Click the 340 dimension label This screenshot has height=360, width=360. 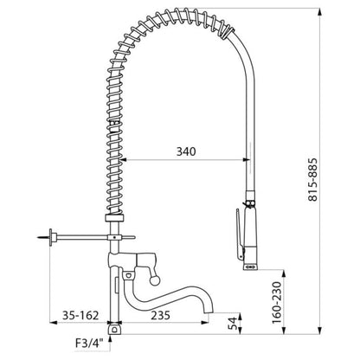(x=186, y=151)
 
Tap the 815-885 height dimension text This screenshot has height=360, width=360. (x=312, y=179)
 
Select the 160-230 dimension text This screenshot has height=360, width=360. (x=277, y=303)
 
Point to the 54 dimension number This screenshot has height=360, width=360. (x=232, y=323)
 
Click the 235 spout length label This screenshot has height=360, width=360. (x=160, y=315)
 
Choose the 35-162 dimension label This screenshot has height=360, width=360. (x=80, y=315)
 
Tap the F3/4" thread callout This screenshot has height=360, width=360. (x=89, y=344)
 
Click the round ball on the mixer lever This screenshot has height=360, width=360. (x=155, y=280)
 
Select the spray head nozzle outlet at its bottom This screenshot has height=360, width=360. (x=250, y=267)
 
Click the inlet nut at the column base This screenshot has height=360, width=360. (x=115, y=329)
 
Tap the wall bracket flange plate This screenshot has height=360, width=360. (x=51, y=237)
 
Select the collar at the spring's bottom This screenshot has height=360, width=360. (x=114, y=218)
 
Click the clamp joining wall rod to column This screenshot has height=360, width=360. (x=115, y=237)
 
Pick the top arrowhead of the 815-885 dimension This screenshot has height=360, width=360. (x=319, y=11)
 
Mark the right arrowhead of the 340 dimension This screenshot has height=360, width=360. (x=246, y=159)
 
